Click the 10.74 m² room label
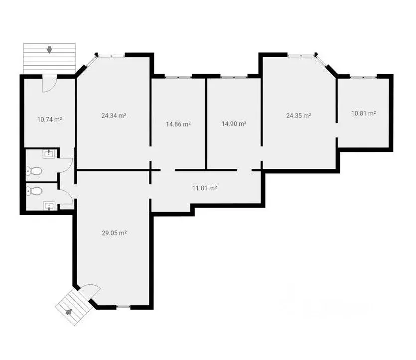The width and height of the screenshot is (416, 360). (x=50, y=120)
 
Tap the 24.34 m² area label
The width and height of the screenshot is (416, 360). (x=114, y=116)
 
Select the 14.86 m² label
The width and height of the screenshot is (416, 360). (x=178, y=124)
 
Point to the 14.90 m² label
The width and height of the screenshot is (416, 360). (x=234, y=124)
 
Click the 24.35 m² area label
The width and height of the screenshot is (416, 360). (x=299, y=116)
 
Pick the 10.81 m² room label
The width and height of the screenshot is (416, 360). (x=364, y=114)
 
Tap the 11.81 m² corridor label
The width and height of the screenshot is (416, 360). (x=205, y=188)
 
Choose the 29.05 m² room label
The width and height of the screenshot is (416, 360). (x=115, y=234)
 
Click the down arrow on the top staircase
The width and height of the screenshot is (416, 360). (x=49, y=50)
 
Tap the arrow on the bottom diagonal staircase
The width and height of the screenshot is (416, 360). (x=69, y=312)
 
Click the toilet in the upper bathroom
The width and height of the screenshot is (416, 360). (x=34, y=171)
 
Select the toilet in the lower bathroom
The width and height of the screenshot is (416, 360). (x=34, y=191)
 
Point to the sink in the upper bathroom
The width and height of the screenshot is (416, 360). (x=49, y=154)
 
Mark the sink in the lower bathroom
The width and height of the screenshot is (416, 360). (x=49, y=206)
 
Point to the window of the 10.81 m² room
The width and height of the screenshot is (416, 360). (x=363, y=77)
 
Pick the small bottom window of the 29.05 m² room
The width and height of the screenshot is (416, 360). (x=124, y=307)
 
